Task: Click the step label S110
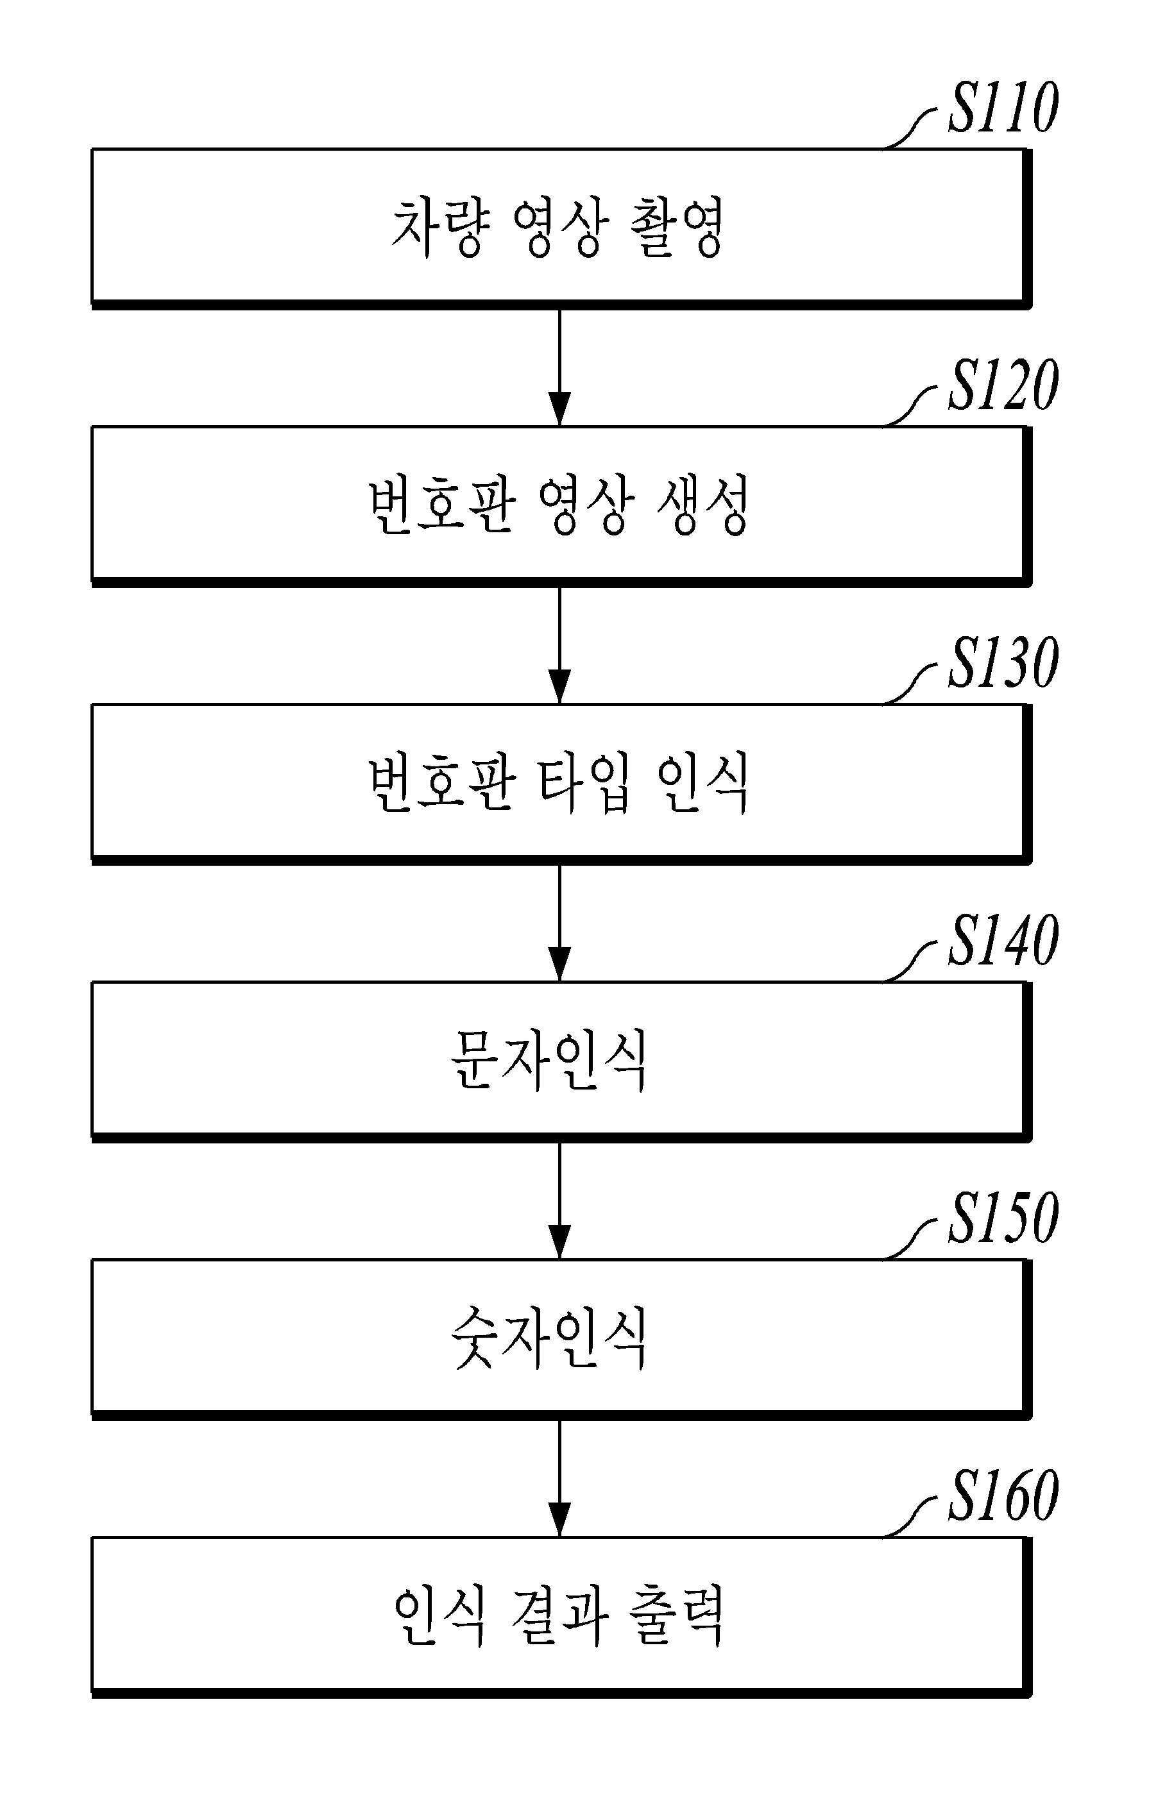pyautogui.click(x=1003, y=108)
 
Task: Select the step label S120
pyautogui.click(x=1003, y=385)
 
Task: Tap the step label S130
pyautogui.click(x=1003, y=663)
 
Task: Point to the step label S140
pyautogui.click(x=1003, y=941)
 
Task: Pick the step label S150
pyautogui.click(x=1003, y=1218)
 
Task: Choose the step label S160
pyautogui.click(x=1003, y=1496)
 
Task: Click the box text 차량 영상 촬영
pyautogui.click(x=557, y=228)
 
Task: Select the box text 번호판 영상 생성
pyautogui.click(x=557, y=505)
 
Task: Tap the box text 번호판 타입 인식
pyautogui.click(x=557, y=783)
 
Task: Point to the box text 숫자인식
pyautogui.click(x=549, y=1338)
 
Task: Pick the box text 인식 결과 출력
pyautogui.click(x=557, y=1615)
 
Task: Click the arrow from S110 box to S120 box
pyautogui.click(x=560, y=367)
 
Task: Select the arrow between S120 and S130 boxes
pyautogui.click(x=560, y=644)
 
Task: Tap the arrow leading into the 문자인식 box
pyautogui.click(x=560, y=922)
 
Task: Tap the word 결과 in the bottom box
pyautogui.click(x=557, y=1615)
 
